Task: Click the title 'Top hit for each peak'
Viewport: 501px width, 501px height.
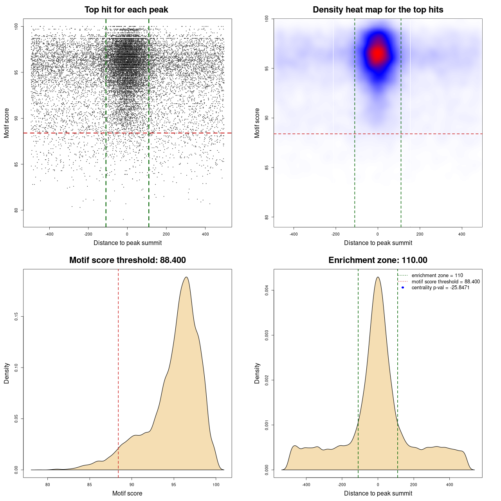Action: pos(126,10)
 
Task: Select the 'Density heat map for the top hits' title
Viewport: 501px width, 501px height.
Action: pos(378,10)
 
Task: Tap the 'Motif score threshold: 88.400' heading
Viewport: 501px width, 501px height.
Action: pos(127,260)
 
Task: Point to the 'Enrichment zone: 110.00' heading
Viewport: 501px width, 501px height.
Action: pos(378,260)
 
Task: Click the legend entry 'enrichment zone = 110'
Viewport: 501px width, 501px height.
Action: pos(437,276)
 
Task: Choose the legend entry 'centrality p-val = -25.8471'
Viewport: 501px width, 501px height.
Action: pos(440,288)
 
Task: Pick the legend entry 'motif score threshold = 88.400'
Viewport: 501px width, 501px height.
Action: pos(445,282)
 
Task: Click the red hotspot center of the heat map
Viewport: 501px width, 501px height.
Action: pos(378,54)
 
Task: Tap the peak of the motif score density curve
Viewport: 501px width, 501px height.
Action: pos(186,277)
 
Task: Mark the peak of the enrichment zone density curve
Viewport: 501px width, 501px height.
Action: pos(378,277)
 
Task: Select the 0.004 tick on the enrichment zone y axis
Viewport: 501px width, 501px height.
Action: pos(267,290)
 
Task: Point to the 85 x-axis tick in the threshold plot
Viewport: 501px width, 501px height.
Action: pos(90,485)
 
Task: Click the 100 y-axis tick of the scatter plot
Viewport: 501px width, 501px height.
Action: pos(16,26)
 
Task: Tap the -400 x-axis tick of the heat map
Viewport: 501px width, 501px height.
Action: pos(294,234)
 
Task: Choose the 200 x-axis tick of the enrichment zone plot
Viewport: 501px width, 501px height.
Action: pos(414,485)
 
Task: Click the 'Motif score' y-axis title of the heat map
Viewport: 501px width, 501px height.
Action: pos(257,123)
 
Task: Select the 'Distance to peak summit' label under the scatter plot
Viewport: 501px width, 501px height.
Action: pos(128,243)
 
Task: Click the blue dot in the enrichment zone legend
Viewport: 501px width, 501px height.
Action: pos(402,288)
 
